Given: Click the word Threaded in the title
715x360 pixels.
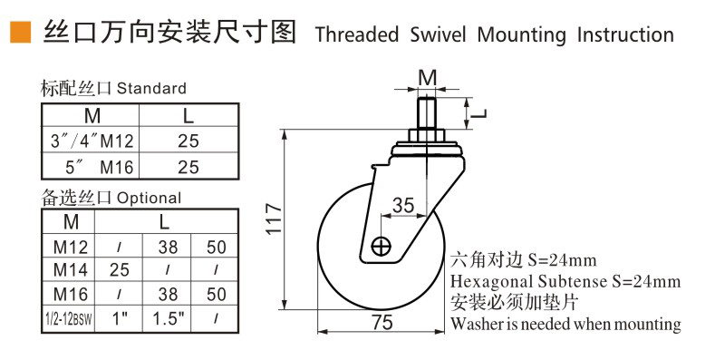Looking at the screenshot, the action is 356,35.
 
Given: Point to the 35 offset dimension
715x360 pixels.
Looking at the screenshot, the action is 404,205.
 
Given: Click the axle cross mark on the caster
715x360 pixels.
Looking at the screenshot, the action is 382,246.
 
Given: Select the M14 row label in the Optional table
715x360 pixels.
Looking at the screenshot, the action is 70,270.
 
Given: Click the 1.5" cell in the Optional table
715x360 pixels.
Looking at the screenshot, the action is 169,318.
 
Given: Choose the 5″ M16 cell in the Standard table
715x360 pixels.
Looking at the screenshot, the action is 91,166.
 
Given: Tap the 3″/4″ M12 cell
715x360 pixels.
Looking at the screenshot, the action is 91,141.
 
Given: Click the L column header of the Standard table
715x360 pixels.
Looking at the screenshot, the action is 188,117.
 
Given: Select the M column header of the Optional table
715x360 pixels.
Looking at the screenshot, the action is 70,221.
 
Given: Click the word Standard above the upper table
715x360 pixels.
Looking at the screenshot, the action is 151,89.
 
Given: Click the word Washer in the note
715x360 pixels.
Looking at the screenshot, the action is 476,324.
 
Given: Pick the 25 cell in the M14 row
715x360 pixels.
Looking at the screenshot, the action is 119,270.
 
